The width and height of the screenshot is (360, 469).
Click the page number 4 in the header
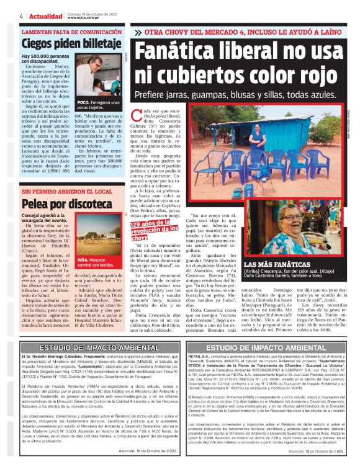click(21, 15)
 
